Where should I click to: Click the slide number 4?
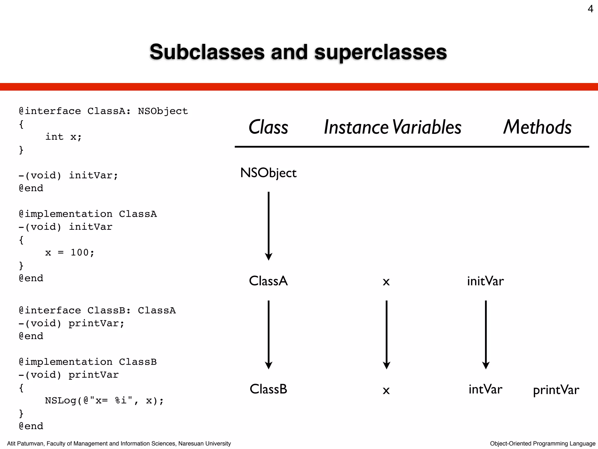pos(590,9)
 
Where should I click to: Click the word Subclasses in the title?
pos(207,52)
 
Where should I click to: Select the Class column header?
pos(268,127)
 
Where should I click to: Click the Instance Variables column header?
pos(392,127)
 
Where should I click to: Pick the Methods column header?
pos(537,127)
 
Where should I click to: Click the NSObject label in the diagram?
pos(268,173)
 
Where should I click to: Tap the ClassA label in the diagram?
pos(268,281)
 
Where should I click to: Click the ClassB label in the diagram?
pos(268,389)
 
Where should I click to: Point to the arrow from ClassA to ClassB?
pos(269,334)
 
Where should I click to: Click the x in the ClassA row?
pos(386,282)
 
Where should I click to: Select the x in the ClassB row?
pos(386,390)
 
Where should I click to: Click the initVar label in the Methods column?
pos(485,281)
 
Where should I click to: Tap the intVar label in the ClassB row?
pos(485,389)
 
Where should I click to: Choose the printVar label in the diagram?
pos(556,390)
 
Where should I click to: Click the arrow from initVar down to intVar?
pos(486,334)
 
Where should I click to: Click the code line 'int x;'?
pos(63,137)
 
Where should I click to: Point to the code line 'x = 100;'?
pos(69,253)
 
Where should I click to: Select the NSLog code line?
pos(104,400)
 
